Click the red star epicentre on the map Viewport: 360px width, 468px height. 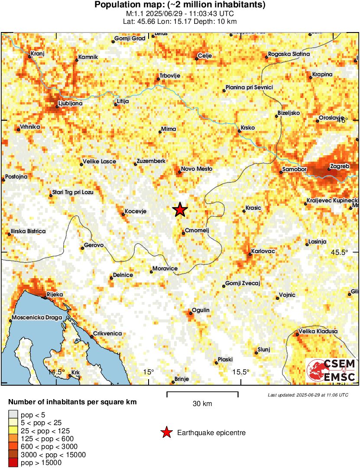[x=180, y=210]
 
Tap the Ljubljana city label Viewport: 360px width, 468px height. [x=70, y=104]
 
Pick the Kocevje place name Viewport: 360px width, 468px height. [x=136, y=211]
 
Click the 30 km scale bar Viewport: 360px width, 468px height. [x=202, y=394]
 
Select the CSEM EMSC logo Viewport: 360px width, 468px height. [x=331, y=370]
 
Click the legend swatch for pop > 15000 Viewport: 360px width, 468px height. [x=13, y=463]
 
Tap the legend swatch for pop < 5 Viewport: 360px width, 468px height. [x=13, y=415]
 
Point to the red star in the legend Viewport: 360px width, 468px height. [x=166, y=432]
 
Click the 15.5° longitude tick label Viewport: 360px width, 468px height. [x=241, y=372]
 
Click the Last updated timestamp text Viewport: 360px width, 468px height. [x=308, y=395]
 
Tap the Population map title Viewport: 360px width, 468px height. [x=180, y=5]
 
